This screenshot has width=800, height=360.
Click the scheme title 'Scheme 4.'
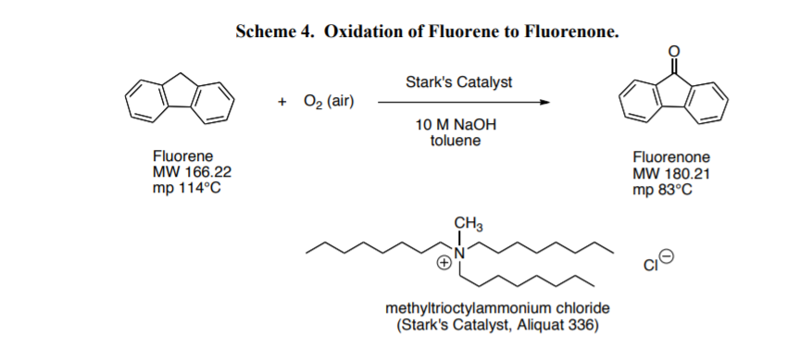274,31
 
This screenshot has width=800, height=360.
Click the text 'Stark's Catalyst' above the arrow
458,82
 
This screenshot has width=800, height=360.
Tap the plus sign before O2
281,100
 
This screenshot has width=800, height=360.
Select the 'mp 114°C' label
187,188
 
